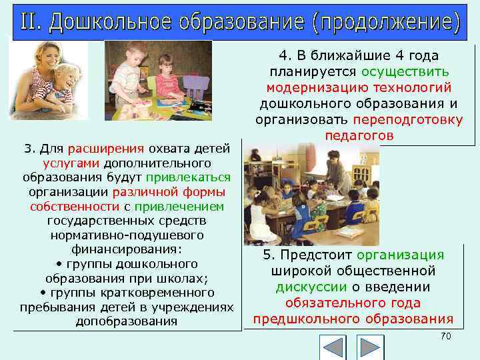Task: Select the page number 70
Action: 446,336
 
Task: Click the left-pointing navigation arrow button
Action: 333,348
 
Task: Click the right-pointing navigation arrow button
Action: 370,348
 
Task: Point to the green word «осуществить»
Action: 405,72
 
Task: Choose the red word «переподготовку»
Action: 408,120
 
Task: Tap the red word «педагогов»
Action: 359,135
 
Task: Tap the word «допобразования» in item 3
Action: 127,321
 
